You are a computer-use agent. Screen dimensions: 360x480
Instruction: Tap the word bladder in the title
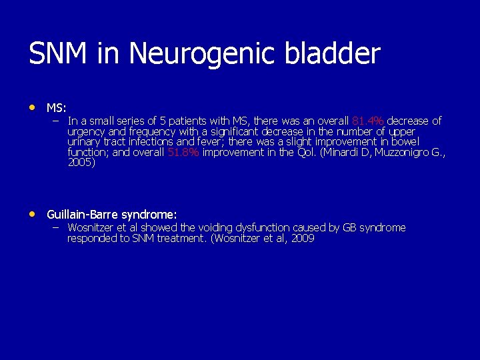click(x=337, y=54)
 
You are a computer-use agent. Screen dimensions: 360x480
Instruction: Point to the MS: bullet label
click(x=56, y=107)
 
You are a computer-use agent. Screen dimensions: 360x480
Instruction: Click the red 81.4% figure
click(x=368, y=121)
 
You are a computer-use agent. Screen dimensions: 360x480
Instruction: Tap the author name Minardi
click(x=345, y=152)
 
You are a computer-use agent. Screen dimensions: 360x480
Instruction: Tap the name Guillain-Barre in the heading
click(x=81, y=215)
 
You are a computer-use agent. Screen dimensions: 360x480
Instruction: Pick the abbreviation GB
click(x=349, y=228)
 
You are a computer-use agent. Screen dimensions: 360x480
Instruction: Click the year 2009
click(x=302, y=238)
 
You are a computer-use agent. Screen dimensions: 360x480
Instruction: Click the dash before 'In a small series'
click(x=55, y=121)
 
